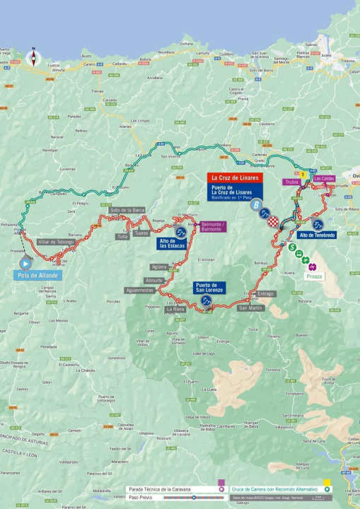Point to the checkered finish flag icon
tap(272, 221)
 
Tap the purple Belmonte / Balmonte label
tap(213, 226)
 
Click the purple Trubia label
tap(292, 181)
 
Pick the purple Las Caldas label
tap(324, 179)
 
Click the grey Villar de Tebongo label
tap(56, 242)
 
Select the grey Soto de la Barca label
tap(127, 210)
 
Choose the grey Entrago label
tap(265, 293)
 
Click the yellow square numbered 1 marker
tap(303, 174)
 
